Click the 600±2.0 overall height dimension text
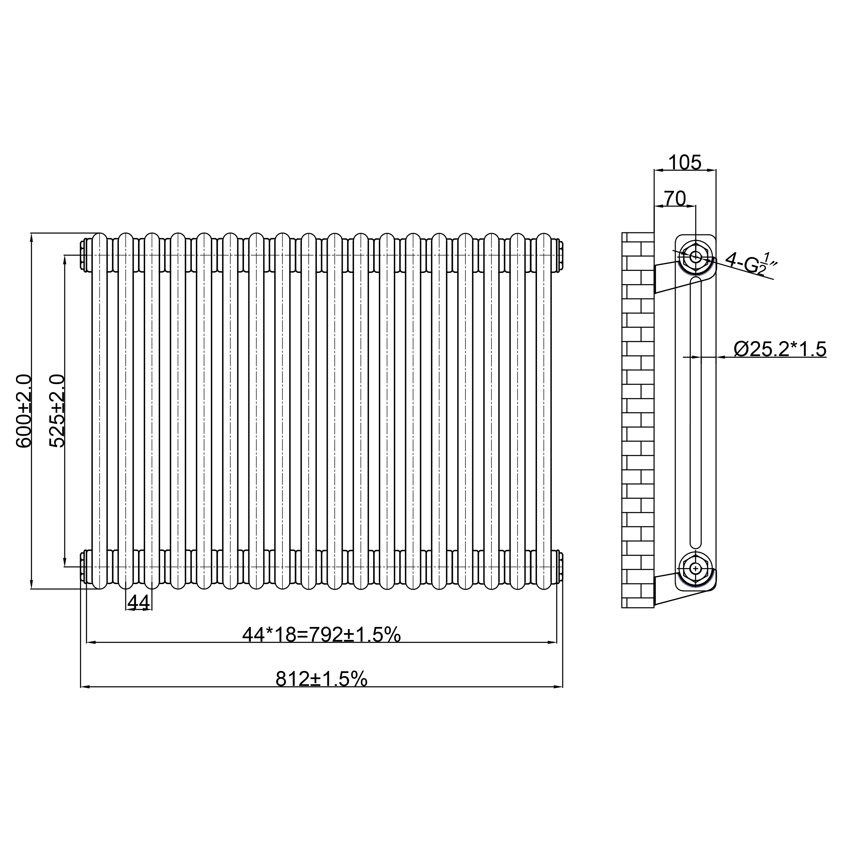24,411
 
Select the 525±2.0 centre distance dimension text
57,411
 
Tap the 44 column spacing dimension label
139,602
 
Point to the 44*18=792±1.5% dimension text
321,635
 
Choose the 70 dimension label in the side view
675,199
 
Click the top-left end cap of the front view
84,255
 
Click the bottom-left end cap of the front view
84,567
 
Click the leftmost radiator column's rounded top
99,239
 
